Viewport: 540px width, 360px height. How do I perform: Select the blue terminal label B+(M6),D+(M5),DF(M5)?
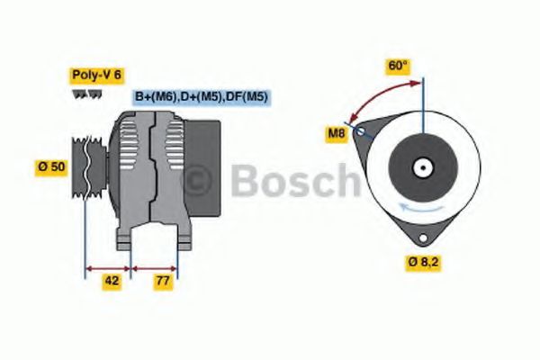pos(202,96)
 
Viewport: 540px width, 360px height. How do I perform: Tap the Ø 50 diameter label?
pos(51,166)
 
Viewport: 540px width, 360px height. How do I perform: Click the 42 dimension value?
pos(112,280)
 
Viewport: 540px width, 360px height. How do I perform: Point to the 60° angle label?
pos(398,66)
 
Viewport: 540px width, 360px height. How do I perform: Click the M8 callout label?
pos(336,135)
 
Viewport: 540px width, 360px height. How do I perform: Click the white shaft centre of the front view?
pos(420,167)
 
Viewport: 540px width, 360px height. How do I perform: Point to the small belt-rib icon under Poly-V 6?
pos(83,94)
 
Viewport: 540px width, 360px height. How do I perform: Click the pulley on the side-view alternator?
pos(87,166)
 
